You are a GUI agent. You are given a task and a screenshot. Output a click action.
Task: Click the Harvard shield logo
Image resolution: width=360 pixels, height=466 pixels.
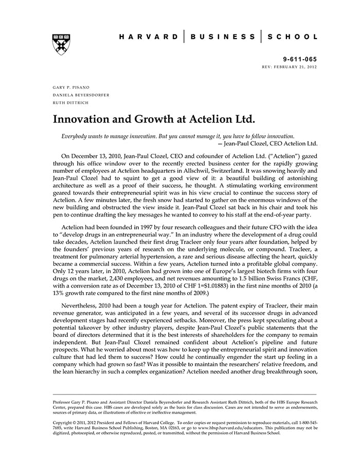tap(61, 45)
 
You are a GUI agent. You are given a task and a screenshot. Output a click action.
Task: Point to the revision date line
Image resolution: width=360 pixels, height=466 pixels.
tap(290, 67)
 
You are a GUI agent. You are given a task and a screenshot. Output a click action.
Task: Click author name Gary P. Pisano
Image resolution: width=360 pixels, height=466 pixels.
tap(71, 87)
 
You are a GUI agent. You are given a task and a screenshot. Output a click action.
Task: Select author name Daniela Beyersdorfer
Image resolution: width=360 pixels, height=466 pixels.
tap(81, 95)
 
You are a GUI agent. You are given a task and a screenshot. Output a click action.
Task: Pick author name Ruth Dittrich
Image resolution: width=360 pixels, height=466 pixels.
tap(70, 102)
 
